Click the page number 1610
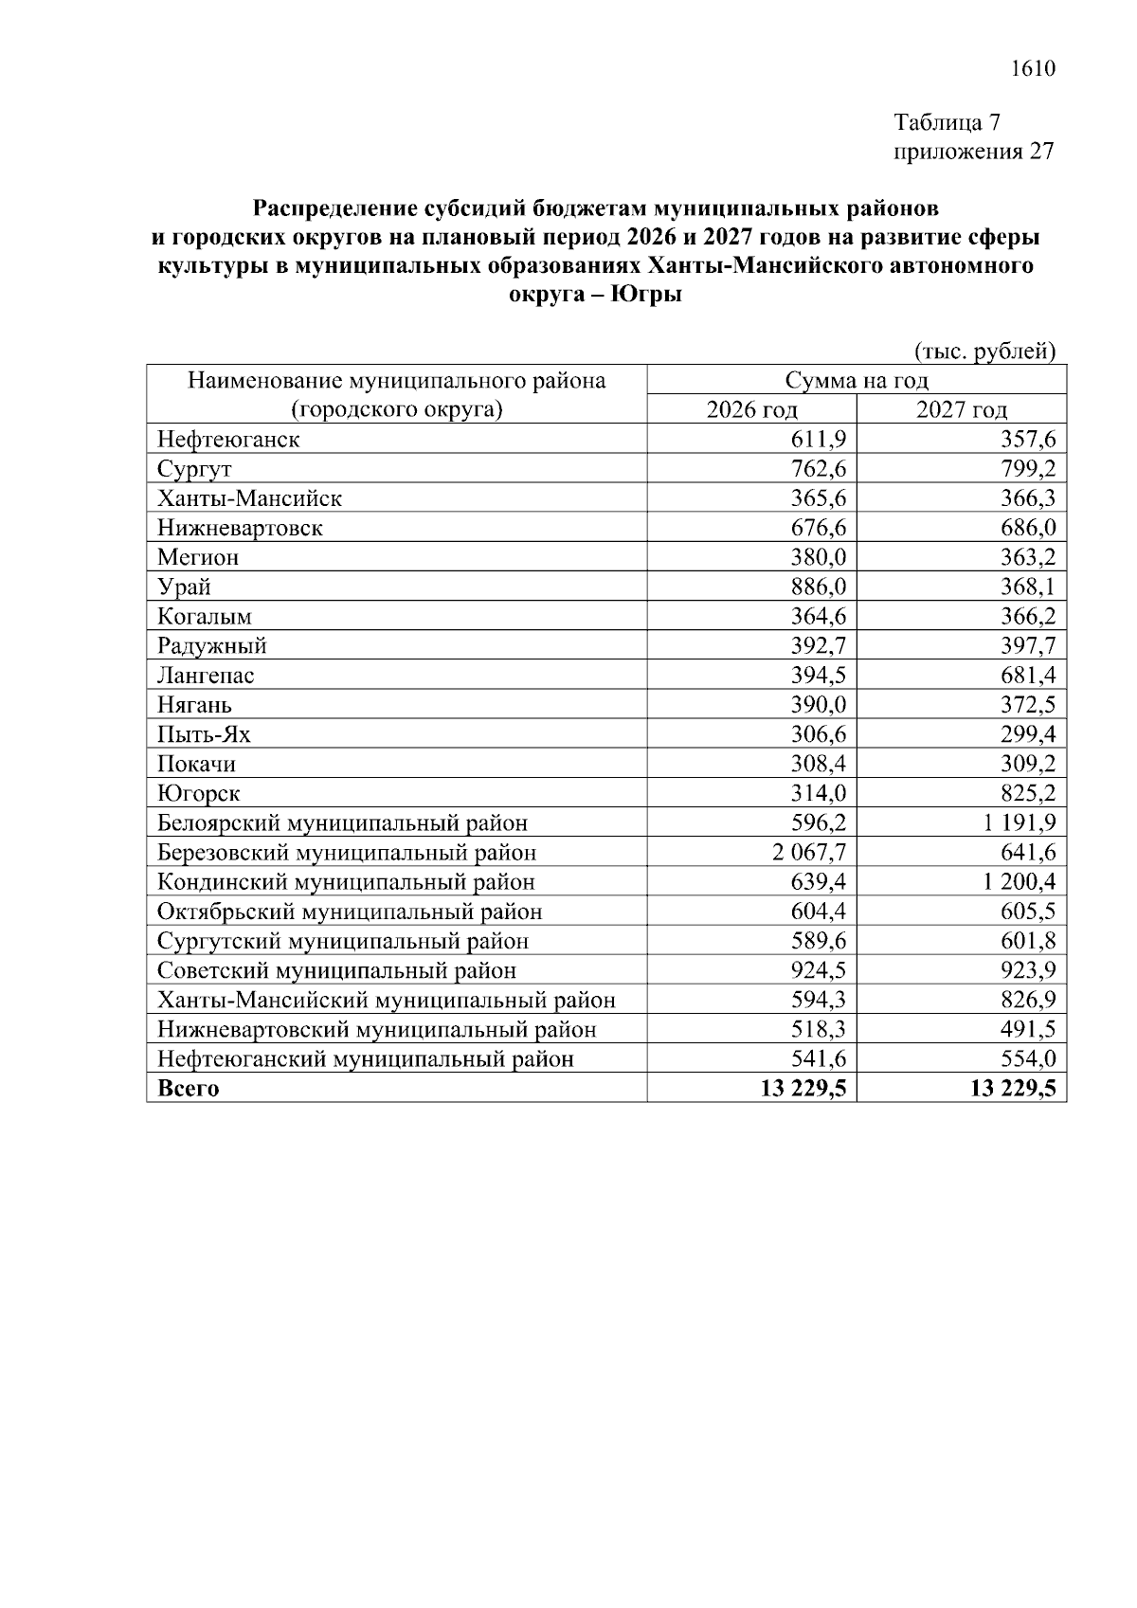click(1033, 69)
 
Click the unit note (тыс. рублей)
click(984, 352)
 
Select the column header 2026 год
click(751, 409)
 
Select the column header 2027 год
click(961, 409)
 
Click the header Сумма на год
click(857, 381)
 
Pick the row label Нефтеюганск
click(228, 440)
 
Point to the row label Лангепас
click(206, 676)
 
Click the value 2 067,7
click(808, 853)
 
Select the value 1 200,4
click(1019, 882)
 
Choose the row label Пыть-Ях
click(204, 734)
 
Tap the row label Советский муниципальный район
click(336, 970)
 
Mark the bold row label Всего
click(188, 1089)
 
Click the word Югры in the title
click(646, 295)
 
